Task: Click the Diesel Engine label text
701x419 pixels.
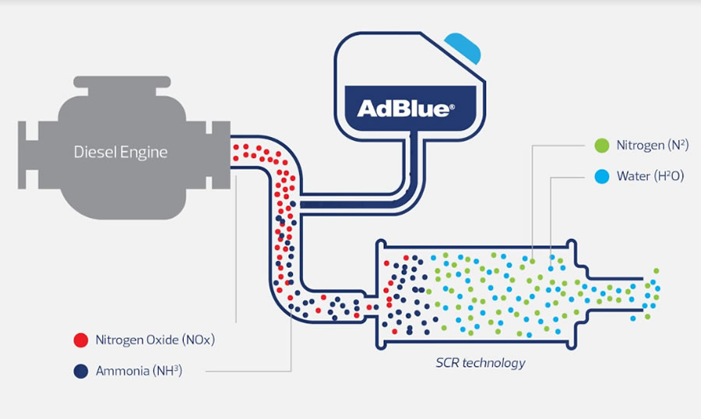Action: coord(121,151)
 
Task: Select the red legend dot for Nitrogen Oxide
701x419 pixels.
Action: coord(80,340)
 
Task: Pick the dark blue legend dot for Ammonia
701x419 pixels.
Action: coord(80,371)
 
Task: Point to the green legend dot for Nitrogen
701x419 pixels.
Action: coord(601,146)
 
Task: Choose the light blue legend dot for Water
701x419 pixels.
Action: coord(601,177)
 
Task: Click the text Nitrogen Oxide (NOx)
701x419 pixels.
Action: coord(155,340)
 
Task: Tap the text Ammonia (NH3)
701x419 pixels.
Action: coord(139,371)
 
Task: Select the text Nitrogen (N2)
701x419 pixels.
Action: coord(650,146)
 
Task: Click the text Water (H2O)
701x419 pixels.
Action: coord(650,177)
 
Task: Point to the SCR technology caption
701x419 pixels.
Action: coord(480,363)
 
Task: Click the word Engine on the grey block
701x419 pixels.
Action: coord(146,152)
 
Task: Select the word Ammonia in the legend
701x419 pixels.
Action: coord(121,371)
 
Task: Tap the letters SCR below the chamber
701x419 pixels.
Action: coord(447,363)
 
